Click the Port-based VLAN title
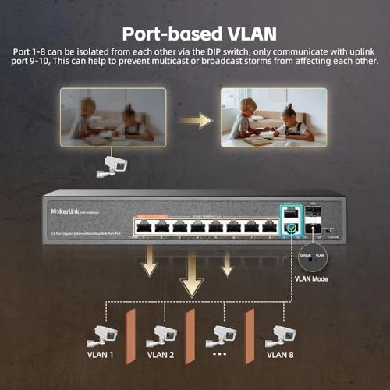coord(194,34)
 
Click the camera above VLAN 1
coord(103,333)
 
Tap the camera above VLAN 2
coord(165,333)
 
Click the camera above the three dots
coord(219,333)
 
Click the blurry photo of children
coord(115,115)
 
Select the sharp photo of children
coord(272,115)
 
